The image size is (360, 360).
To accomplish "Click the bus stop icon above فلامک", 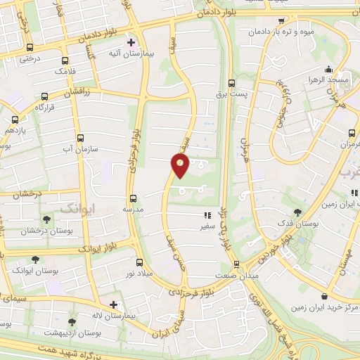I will [x=65, y=60].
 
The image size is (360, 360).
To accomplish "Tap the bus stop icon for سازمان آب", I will [x=79, y=138].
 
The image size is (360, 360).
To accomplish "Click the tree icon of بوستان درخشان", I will [x=46, y=220].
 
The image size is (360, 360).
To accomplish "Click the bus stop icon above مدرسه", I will [x=133, y=198].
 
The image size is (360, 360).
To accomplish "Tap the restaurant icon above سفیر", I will [x=207, y=216].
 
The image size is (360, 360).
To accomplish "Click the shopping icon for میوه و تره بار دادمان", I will [x=282, y=21].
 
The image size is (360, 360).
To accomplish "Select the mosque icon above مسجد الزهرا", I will [x=328, y=69].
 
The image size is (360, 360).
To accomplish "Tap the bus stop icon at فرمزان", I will [x=352, y=133].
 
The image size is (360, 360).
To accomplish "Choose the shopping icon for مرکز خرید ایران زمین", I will [x=323, y=297].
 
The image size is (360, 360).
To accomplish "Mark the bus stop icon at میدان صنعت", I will [x=236, y=264].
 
